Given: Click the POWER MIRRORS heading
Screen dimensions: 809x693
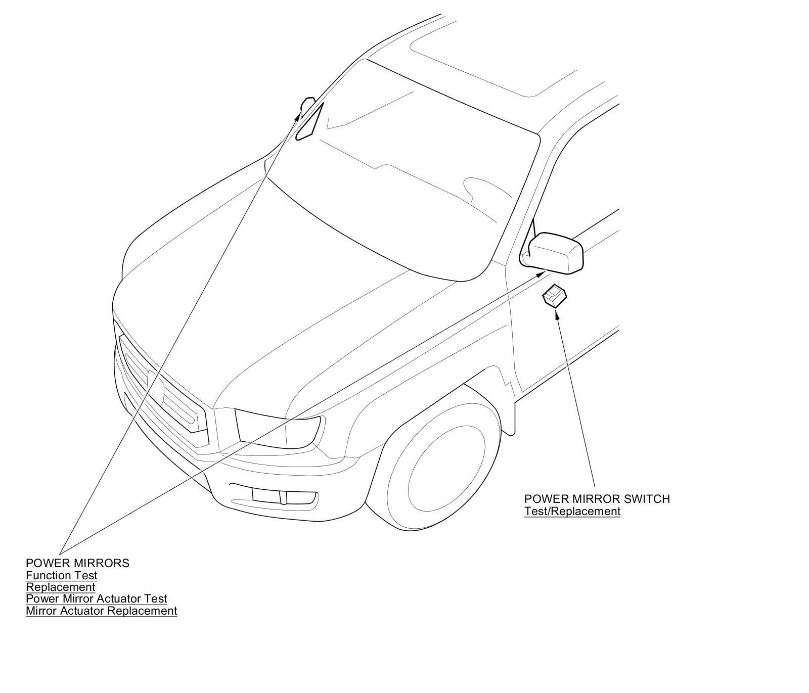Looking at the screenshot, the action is [77, 563].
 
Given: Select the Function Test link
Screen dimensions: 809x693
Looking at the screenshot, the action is [62, 575].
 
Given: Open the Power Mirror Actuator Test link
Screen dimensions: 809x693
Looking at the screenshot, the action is [96, 599].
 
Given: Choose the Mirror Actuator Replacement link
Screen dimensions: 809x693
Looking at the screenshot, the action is [101, 611].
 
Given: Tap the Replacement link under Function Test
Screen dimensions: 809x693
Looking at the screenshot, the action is [61, 587].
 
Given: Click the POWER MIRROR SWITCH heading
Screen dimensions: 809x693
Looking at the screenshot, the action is [597, 499].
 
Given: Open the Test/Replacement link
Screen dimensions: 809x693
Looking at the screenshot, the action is [572, 511].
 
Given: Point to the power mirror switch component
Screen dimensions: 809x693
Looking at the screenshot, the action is [554, 295].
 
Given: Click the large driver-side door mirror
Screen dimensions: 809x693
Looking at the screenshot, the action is [555, 253].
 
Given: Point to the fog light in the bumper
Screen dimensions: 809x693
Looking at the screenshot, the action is [284, 497].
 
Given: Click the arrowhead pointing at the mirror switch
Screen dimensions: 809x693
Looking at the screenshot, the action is [557, 314].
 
